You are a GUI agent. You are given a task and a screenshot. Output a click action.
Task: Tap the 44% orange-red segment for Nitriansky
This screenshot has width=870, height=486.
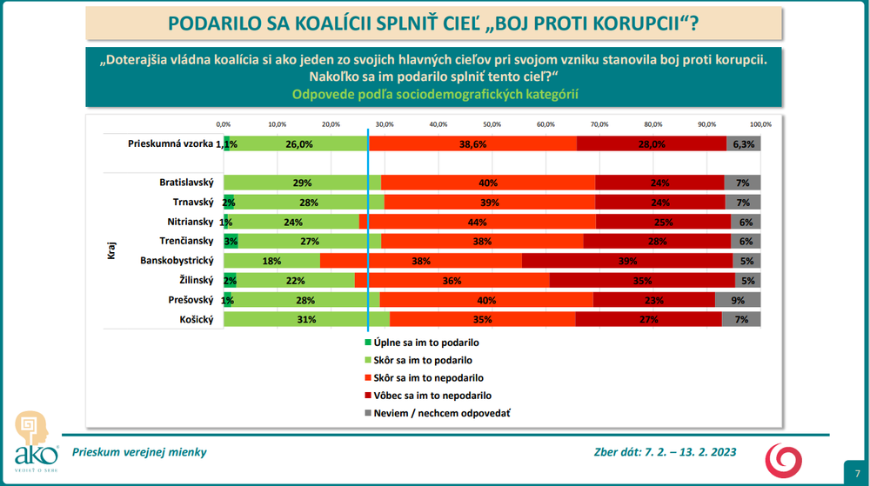click(x=477, y=222)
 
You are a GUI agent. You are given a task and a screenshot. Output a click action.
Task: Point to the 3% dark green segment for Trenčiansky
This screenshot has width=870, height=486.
click(x=231, y=241)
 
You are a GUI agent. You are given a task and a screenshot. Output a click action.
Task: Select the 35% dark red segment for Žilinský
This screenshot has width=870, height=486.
click(x=642, y=280)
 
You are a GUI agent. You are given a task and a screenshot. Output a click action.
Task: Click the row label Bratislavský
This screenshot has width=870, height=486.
click(x=186, y=183)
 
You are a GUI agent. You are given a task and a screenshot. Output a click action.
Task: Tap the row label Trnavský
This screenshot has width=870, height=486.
click(x=192, y=203)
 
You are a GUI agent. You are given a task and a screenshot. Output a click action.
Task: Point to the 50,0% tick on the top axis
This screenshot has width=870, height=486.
click(x=492, y=123)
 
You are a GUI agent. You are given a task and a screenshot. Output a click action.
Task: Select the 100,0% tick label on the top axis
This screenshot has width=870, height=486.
click(x=760, y=123)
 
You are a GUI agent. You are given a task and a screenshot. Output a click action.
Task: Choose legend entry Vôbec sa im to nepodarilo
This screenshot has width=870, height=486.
click(x=433, y=396)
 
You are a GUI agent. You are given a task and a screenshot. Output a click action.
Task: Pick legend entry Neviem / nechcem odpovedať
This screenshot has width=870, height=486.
click(x=441, y=413)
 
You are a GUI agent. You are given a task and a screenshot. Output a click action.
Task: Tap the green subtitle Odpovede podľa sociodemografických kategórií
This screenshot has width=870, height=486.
click(x=436, y=94)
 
